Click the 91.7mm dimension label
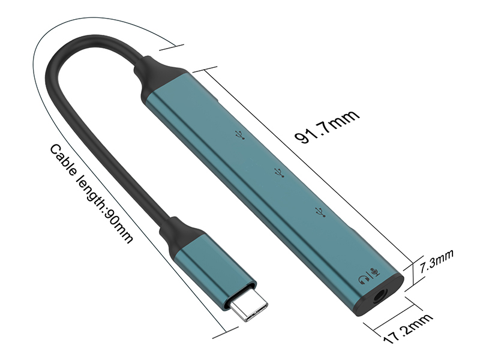(x=326, y=127)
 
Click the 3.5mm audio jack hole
(x=380, y=296)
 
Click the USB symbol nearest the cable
(x=241, y=135)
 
